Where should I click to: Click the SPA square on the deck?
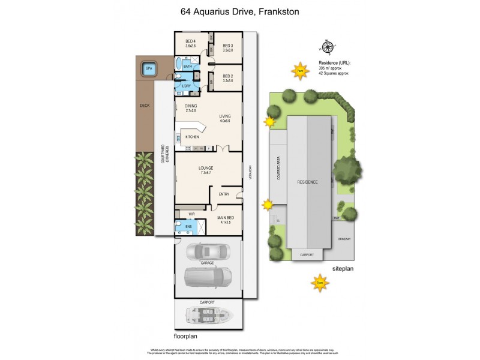click(149, 69)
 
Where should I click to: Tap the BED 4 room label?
click(190, 42)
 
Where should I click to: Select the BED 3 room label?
click(227, 46)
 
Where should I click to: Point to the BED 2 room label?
click(227, 76)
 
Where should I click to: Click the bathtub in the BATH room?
click(178, 65)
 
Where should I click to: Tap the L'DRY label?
click(187, 86)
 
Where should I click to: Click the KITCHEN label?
click(192, 137)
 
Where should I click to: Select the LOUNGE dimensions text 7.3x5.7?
click(206, 173)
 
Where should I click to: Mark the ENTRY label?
click(224, 194)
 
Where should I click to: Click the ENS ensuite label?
click(188, 227)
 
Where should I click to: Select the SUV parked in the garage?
click(208, 278)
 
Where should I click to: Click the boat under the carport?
click(208, 314)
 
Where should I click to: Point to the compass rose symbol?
click(327, 47)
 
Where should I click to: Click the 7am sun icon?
click(299, 71)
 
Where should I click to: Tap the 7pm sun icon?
click(320, 283)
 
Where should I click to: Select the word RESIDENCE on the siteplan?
click(307, 182)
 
